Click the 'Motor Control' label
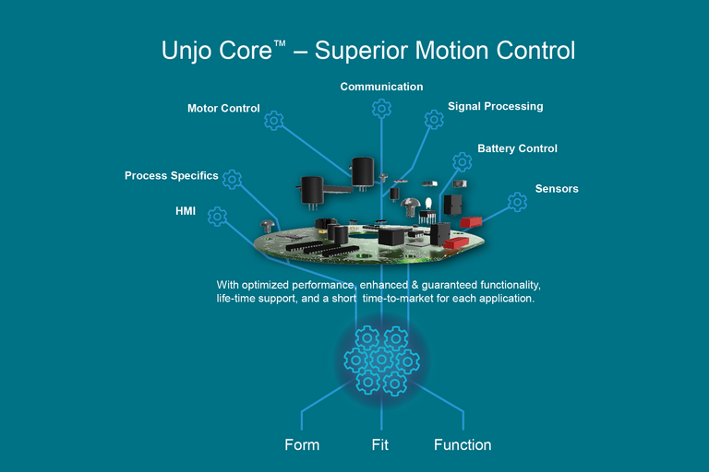tap(223, 108)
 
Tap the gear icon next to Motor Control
tap(273, 121)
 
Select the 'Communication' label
tap(381, 87)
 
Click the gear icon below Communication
tap(381, 109)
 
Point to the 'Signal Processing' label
tap(495, 106)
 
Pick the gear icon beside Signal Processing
tap(434, 120)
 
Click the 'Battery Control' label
tap(517, 148)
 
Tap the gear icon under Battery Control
tap(463, 161)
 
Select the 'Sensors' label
tap(557, 189)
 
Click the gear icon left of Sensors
tap(513, 202)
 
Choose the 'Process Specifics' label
tap(172, 175)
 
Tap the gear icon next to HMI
tap(218, 217)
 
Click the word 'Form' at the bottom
tap(302, 444)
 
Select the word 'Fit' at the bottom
tap(379, 444)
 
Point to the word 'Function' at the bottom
tap(463, 444)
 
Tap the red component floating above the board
tap(471, 222)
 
